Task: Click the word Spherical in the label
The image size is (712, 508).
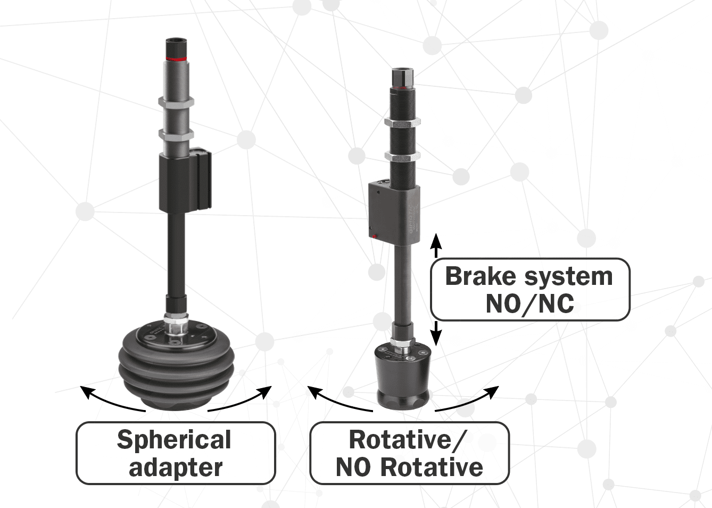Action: [x=174, y=440]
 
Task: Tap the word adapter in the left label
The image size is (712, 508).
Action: [x=176, y=468]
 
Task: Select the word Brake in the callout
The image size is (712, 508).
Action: [x=480, y=276]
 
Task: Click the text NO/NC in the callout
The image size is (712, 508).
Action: [x=529, y=304]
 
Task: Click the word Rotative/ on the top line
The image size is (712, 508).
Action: [x=408, y=440]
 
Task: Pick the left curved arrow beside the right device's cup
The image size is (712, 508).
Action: [x=337, y=400]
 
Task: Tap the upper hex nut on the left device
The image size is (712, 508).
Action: [x=176, y=102]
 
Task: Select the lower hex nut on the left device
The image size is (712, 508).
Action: [x=176, y=135]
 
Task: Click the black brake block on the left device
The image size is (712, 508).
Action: [x=184, y=181]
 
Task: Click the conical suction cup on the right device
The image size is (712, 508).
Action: [x=403, y=378]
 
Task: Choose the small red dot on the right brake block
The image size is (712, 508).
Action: [x=374, y=235]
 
